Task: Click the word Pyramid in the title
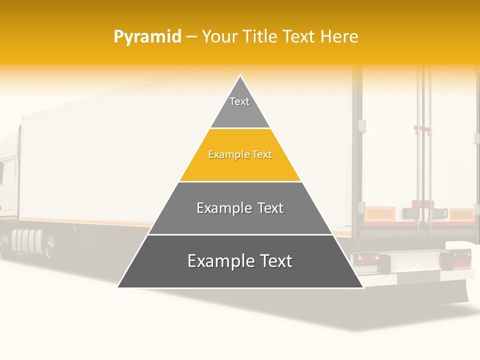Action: coord(147,37)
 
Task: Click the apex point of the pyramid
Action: coord(240,76)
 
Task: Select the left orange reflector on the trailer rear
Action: coord(379,214)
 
